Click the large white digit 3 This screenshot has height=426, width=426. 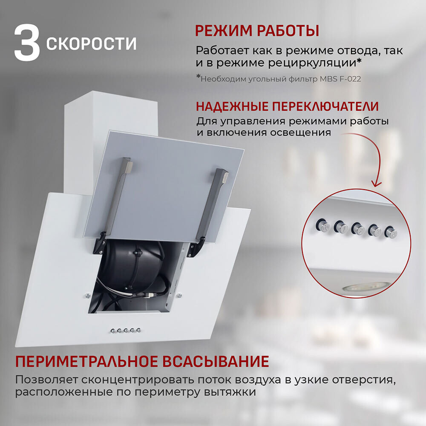27,43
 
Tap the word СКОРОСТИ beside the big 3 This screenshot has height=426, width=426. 91,43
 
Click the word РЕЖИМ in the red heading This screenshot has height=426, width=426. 224,31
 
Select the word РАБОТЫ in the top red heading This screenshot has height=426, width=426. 288,31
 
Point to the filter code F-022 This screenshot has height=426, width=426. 350,79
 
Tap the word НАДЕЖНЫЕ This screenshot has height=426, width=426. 232,106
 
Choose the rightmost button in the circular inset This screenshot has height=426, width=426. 391,233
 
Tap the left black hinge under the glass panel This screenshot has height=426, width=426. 100,243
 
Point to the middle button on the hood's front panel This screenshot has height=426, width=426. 126,331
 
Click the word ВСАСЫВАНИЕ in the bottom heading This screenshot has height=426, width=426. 216,362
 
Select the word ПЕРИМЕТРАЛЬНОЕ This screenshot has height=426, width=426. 86,362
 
